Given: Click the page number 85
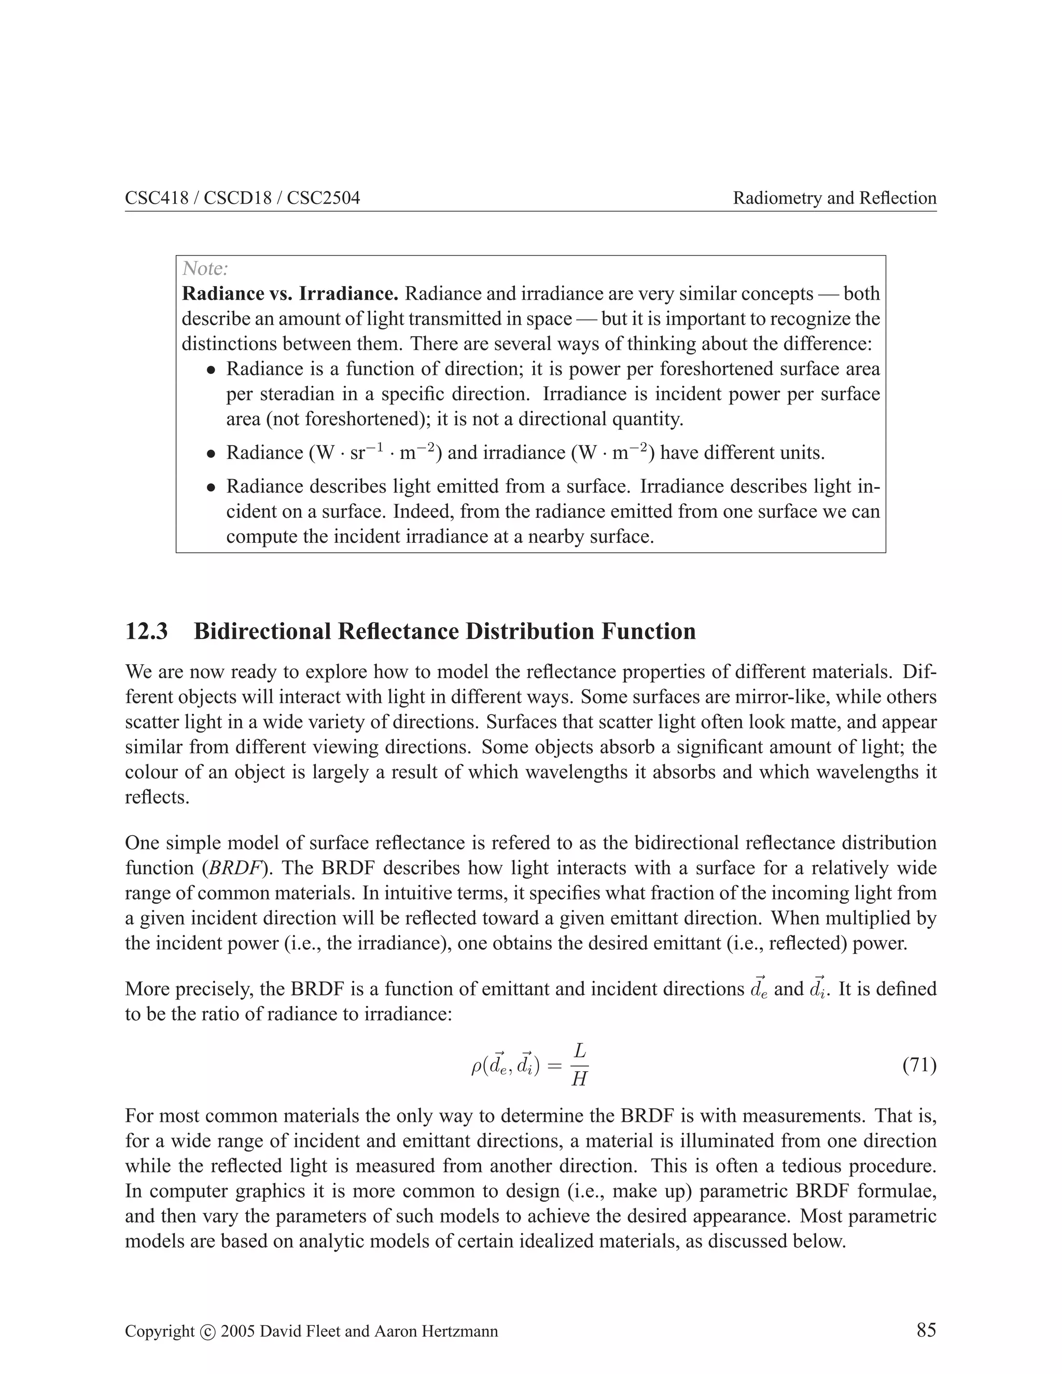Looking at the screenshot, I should tap(926, 1330).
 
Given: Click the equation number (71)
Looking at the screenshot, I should tap(919, 1065).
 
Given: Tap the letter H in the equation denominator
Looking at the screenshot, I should tap(579, 1079).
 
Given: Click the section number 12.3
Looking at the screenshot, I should tap(147, 631).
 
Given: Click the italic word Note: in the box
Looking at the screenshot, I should tap(204, 269).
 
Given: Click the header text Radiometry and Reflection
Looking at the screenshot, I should tap(834, 198).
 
